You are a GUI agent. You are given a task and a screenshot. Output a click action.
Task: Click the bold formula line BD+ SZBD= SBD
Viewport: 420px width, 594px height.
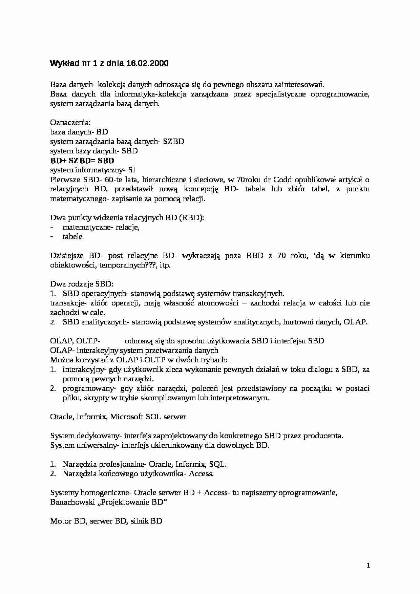[82, 161]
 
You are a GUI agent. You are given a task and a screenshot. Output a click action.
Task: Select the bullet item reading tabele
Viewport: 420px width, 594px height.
[72, 237]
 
